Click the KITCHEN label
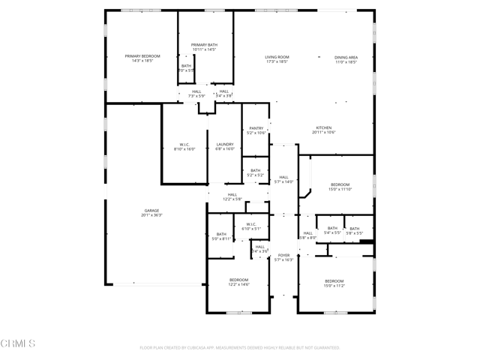(x=323, y=129)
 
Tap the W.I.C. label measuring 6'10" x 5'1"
(x=250, y=226)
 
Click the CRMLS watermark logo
(x=19, y=344)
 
